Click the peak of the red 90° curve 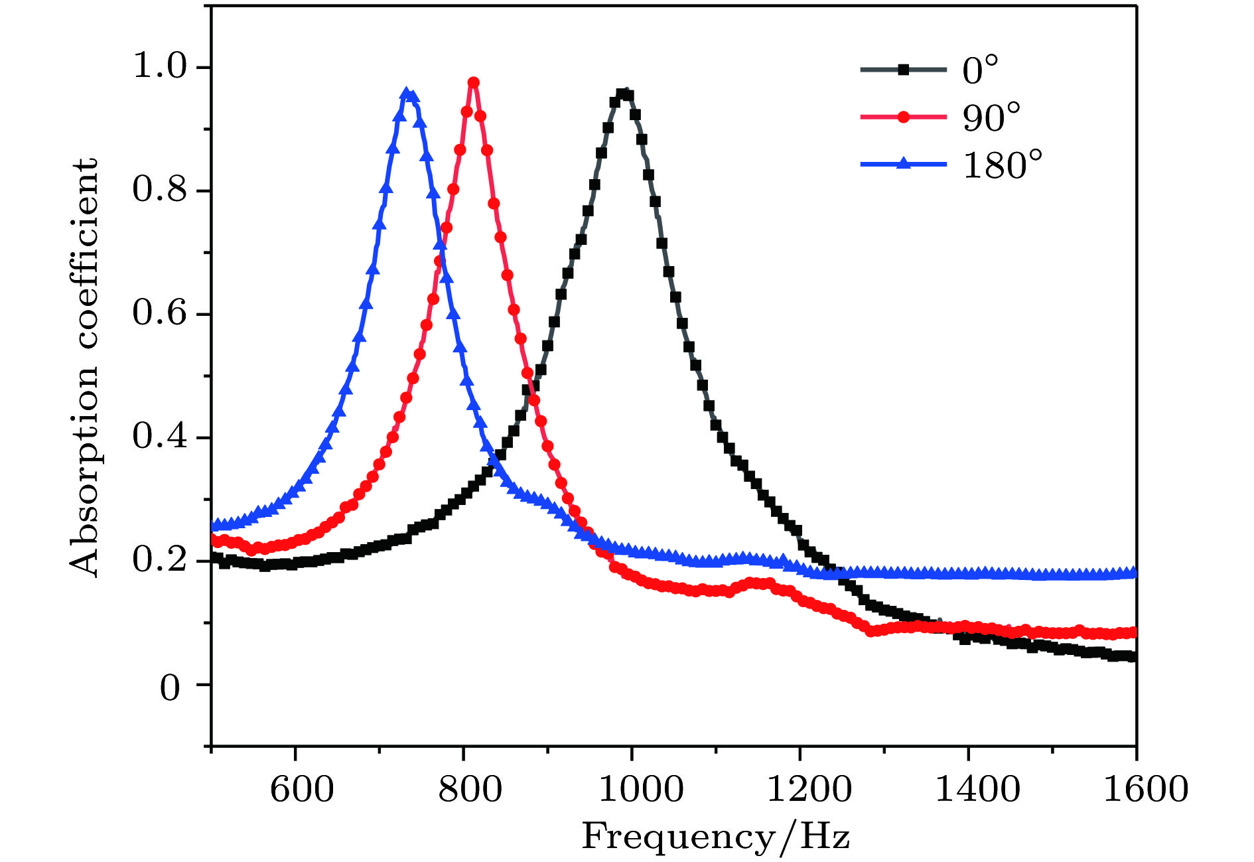point(473,83)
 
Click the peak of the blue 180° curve point(407,94)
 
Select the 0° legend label point(980,70)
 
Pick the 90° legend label point(991,117)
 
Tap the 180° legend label point(1003,165)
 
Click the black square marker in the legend point(903,70)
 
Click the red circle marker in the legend point(903,117)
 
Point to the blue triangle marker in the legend point(903,164)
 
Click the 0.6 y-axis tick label point(160,313)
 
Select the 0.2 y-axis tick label point(160,559)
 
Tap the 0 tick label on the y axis point(170,688)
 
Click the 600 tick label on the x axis point(302,789)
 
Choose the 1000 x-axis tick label point(641,789)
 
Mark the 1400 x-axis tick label point(977,789)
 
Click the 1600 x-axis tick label point(1145,789)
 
